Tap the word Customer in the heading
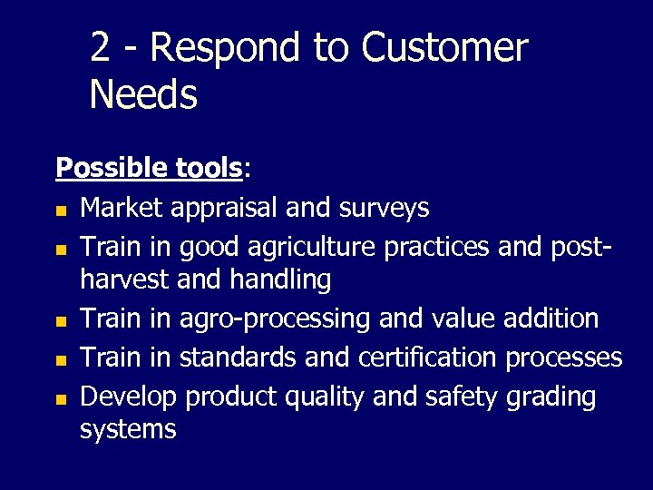point(444,47)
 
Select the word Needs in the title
point(143,93)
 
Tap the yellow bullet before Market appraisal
point(61,211)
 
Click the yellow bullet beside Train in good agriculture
point(61,248)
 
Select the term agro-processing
point(276,319)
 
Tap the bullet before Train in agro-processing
point(61,321)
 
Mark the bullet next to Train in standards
point(61,360)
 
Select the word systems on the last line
point(128,428)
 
